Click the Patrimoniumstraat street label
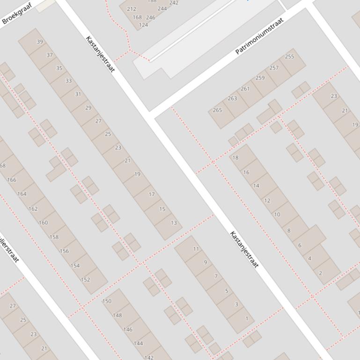(259, 36)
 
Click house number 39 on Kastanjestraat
(40, 42)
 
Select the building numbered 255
(289, 57)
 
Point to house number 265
(217, 110)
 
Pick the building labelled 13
(174, 223)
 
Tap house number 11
(196, 249)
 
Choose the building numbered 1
(247, 319)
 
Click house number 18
(235, 158)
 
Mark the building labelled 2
(320, 273)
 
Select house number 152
(85, 280)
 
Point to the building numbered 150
(107, 301)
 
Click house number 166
(12, 180)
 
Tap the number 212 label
(132, 9)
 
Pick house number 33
(69, 80)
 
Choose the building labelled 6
(300, 245)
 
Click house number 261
(245, 88)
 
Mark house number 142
(148, 357)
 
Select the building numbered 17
(151, 194)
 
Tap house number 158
(54, 237)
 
